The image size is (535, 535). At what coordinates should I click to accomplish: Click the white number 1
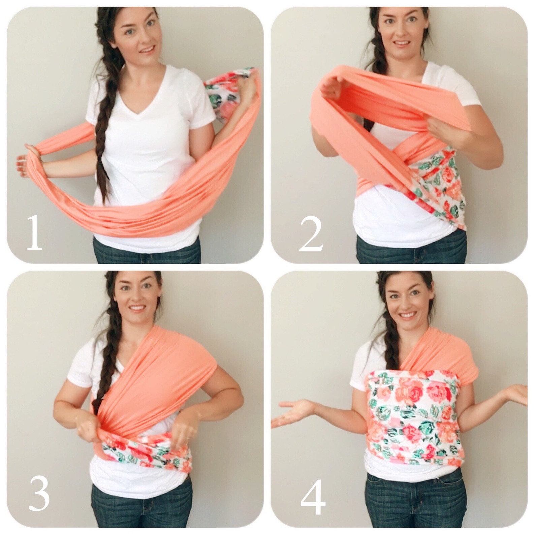click(x=34, y=232)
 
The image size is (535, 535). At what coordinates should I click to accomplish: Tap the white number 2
click(x=311, y=234)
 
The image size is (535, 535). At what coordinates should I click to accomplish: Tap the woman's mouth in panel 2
click(x=402, y=44)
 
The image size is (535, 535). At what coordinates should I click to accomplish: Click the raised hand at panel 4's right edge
click(x=515, y=394)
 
